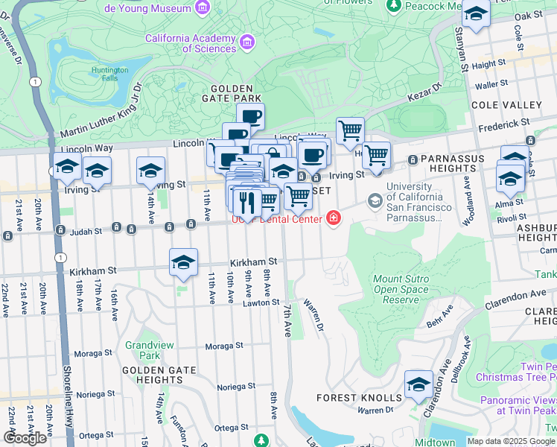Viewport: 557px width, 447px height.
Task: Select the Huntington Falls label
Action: [x=110, y=75]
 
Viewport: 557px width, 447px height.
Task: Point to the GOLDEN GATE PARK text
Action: [x=231, y=98]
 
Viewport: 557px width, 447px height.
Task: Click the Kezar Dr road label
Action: [x=424, y=97]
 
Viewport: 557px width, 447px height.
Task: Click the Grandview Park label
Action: [x=143, y=350]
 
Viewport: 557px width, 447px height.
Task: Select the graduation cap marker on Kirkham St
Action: [x=183, y=262]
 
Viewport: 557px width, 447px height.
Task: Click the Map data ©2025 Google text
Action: [x=511, y=441]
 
